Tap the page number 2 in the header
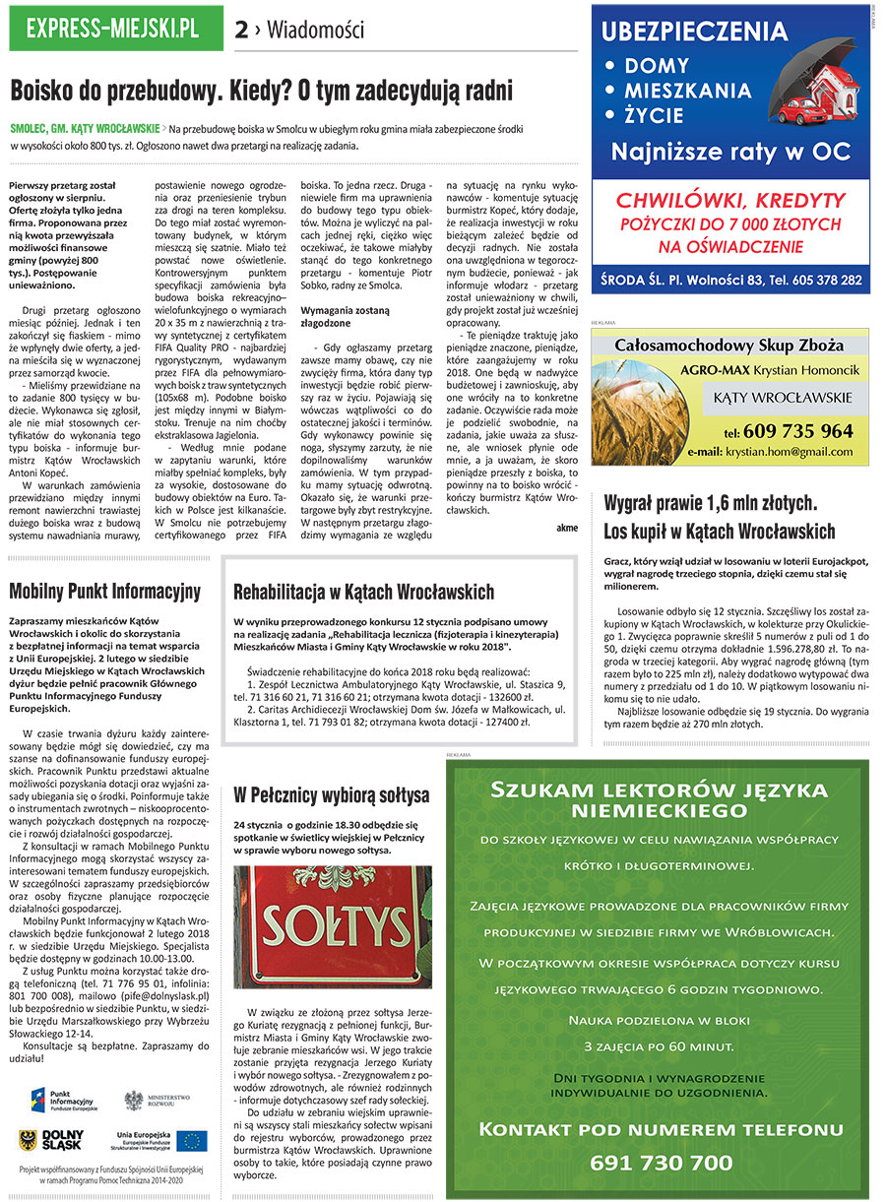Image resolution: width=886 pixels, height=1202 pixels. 241,31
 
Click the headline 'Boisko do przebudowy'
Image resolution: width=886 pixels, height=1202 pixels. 261,92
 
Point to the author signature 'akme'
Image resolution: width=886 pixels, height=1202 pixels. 566,528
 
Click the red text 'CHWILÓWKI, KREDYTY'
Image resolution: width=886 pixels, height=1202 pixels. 730,200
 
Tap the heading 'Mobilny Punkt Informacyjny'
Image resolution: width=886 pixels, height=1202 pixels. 104,592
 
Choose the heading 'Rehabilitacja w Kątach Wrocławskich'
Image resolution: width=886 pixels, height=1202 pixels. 363,593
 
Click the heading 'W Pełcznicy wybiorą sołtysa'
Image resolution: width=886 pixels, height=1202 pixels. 331,793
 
